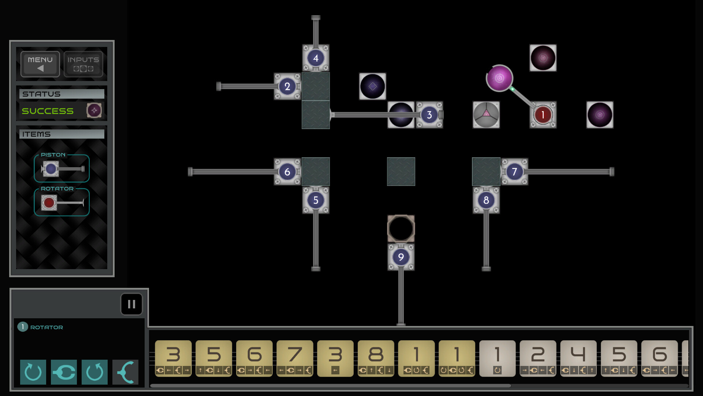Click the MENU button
(x=40, y=64)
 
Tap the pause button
(x=131, y=304)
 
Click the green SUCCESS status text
(x=48, y=111)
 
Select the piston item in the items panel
(x=62, y=169)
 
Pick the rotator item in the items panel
(x=62, y=202)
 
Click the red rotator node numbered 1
(x=543, y=115)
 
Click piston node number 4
(x=316, y=58)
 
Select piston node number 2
(x=287, y=87)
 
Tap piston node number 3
(x=429, y=115)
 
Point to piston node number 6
(x=287, y=172)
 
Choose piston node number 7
(x=514, y=172)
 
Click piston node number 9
(x=401, y=257)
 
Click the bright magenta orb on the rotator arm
(x=499, y=78)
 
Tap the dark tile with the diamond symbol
(x=372, y=87)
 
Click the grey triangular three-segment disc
(x=486, y=115)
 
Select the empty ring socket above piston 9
(x=401, y=228)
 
